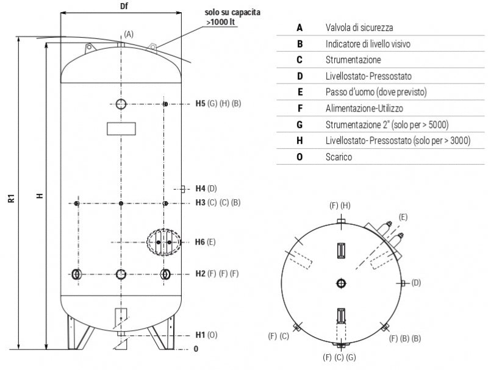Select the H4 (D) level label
point(206,188)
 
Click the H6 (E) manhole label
point(206,242)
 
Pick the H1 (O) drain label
point(206,335)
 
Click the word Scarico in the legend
point(339,157)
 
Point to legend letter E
point(300,92)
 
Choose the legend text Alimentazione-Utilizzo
point(364,109)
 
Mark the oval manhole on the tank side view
point(163,242)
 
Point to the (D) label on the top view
point(416,282)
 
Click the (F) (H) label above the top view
point(340,205)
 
